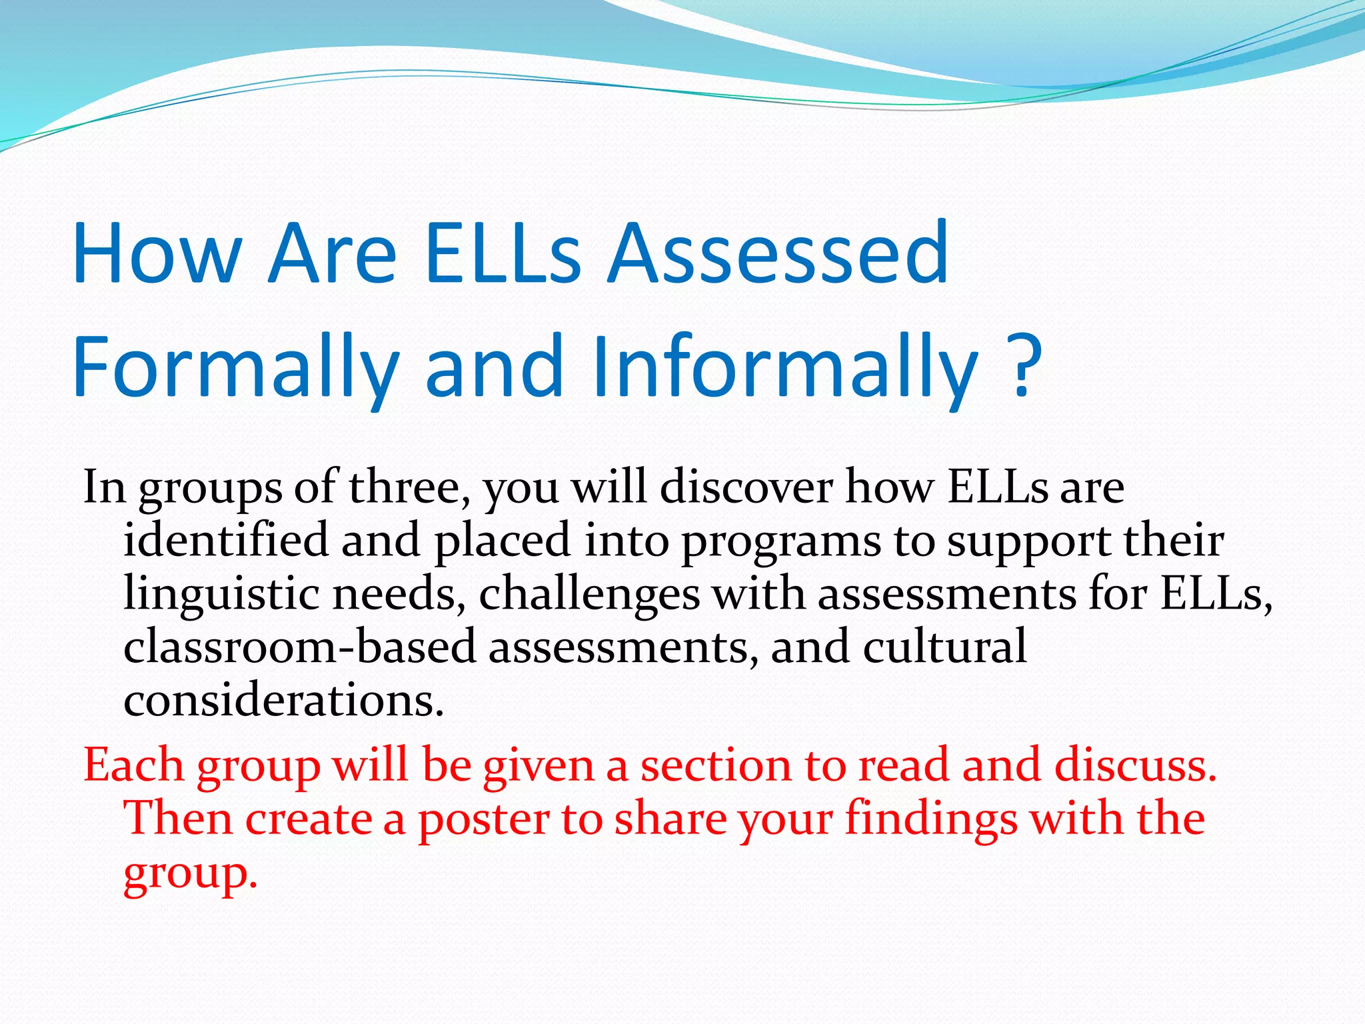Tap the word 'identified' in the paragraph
click(226, 540)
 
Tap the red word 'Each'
click(133, 765)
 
